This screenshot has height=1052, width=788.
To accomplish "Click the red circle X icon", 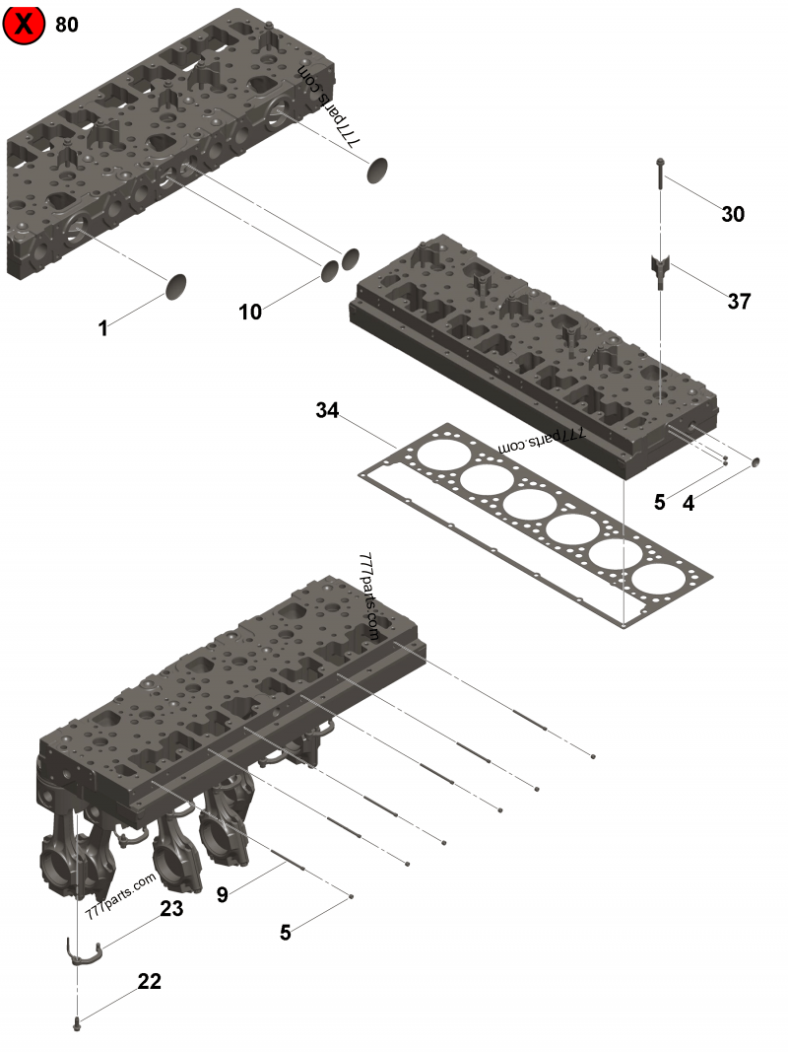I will point(24,24).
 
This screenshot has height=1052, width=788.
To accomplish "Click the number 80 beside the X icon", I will point(67,25).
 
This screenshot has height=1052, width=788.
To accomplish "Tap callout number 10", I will point(250,312).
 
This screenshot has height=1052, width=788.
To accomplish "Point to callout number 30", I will point(733,214).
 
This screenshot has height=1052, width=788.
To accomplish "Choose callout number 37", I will point(739,302).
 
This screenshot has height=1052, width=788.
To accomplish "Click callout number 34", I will point(327,410).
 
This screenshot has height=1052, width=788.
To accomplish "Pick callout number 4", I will point(689,503).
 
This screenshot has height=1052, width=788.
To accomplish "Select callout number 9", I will point(223,895).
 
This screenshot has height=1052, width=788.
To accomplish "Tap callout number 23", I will point(171,909).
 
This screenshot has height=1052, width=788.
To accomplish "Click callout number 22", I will point(150,981).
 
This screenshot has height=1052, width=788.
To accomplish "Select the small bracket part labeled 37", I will point(659,268).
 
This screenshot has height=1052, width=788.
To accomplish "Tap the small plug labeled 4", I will point(757,460).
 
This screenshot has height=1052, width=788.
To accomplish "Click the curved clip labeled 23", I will point(85,952).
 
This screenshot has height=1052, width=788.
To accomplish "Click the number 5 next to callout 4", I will point(660,503).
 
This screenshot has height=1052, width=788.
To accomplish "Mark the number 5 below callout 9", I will point(286,933).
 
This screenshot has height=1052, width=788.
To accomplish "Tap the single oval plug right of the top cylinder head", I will point(380,170).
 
